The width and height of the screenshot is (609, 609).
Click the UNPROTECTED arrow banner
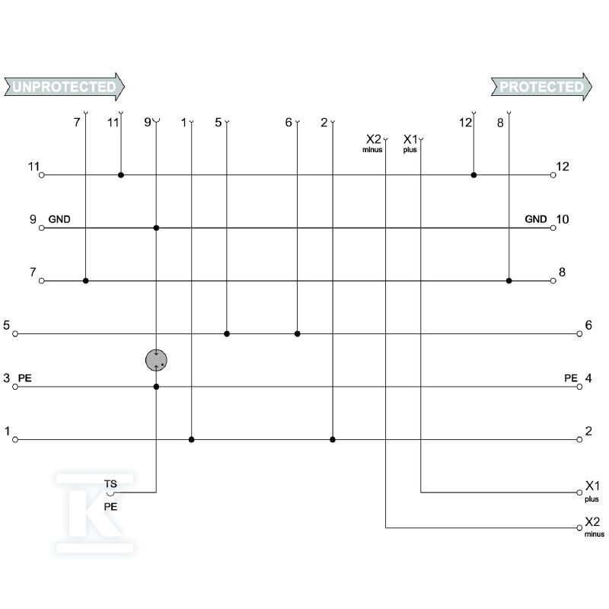65,87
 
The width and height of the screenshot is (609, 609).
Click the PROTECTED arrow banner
541,87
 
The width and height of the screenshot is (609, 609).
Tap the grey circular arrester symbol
156,360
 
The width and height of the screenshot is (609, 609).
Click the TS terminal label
110,484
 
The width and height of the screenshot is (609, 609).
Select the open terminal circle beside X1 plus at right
579,493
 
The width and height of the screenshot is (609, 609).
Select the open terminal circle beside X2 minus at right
579,528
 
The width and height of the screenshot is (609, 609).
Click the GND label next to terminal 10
536,219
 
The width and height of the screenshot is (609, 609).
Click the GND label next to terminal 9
59,219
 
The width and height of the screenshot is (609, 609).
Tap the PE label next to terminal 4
570,378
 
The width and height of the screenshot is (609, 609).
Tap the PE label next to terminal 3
24,378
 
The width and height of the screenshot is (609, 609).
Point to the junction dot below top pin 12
473,175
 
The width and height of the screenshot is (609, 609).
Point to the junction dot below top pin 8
509,281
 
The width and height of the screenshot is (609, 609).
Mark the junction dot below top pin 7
85,281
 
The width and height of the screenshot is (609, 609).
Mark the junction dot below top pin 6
297,333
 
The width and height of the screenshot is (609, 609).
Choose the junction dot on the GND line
156,228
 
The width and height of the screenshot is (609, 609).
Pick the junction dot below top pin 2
333,440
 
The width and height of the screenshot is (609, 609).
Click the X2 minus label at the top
373,143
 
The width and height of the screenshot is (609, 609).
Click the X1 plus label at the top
410,143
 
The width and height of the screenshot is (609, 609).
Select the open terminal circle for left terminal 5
15,333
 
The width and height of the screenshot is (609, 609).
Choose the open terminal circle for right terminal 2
579,440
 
